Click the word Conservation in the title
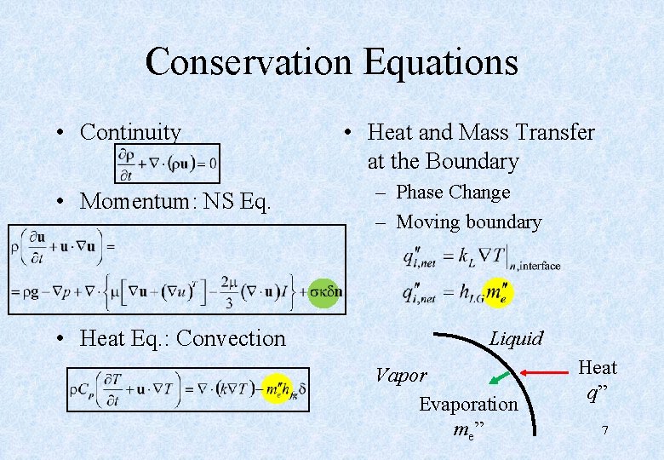(248, 61)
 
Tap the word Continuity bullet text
(130, 132)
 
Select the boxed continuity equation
(167, 163)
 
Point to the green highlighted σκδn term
(325, 291)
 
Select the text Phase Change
(453, 193)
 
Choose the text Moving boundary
(469, 222)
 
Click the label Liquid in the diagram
(516, 338)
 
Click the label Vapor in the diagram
(401, 374)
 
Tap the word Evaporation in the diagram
(467, 404)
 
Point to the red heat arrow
(547, 372)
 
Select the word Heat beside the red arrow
(598, 368)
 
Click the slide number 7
(604, 430)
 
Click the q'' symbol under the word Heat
(598, 393)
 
